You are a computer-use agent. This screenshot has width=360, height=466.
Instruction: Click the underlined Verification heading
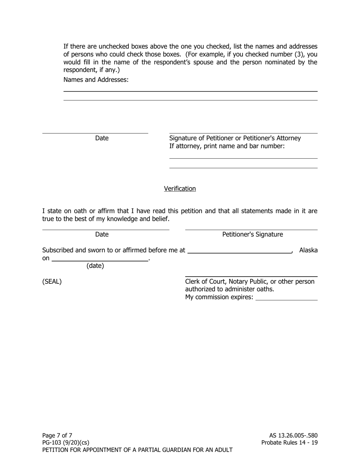pyautogui.click(x=180, y=189)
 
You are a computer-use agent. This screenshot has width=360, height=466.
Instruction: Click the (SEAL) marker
pyautogui.click(x=52, y=281)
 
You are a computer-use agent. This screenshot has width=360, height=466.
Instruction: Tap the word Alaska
pyautogui.click(x=308, y=250)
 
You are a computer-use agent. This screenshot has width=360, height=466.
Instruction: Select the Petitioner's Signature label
pyautogui.click(x=252, y=235)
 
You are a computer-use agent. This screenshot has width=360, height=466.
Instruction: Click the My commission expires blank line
pyautogui.click(x=286, y=298)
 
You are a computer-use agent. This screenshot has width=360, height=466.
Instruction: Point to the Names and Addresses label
pyautogui.click(x=96, y=80)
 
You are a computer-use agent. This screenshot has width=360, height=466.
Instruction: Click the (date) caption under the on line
pyautogui.click(x=95, y=266)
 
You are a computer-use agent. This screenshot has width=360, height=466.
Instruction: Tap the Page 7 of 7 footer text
pyautogui.click(x=57, y=435)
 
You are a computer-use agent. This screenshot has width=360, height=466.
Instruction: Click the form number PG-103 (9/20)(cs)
pyautogui.click(x=66, y=443)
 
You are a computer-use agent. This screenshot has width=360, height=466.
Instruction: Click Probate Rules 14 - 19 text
pyautogui.click(x=290, y=443)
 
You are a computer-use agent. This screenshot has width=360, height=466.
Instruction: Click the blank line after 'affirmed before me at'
pyautogui.click(x=240, y=251)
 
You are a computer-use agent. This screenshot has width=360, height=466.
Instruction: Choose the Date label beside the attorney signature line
pyautogui.click(x=102, y=138)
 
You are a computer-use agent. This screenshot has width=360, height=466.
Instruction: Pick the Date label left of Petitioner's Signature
pyautogui.click(x=102, y=235)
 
